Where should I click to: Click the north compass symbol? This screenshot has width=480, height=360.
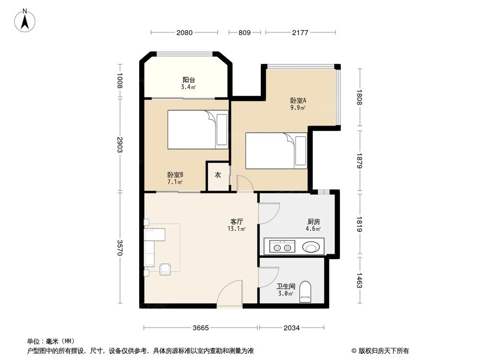tap(25, 20)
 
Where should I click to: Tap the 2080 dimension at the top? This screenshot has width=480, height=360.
tap(184, 33)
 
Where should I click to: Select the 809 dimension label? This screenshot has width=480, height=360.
tap(244, 33)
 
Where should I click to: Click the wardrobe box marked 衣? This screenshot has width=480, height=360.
tap(217, 176)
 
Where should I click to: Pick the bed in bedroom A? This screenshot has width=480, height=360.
tap(276, 151)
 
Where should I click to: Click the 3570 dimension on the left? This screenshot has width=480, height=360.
tap(120, 248)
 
